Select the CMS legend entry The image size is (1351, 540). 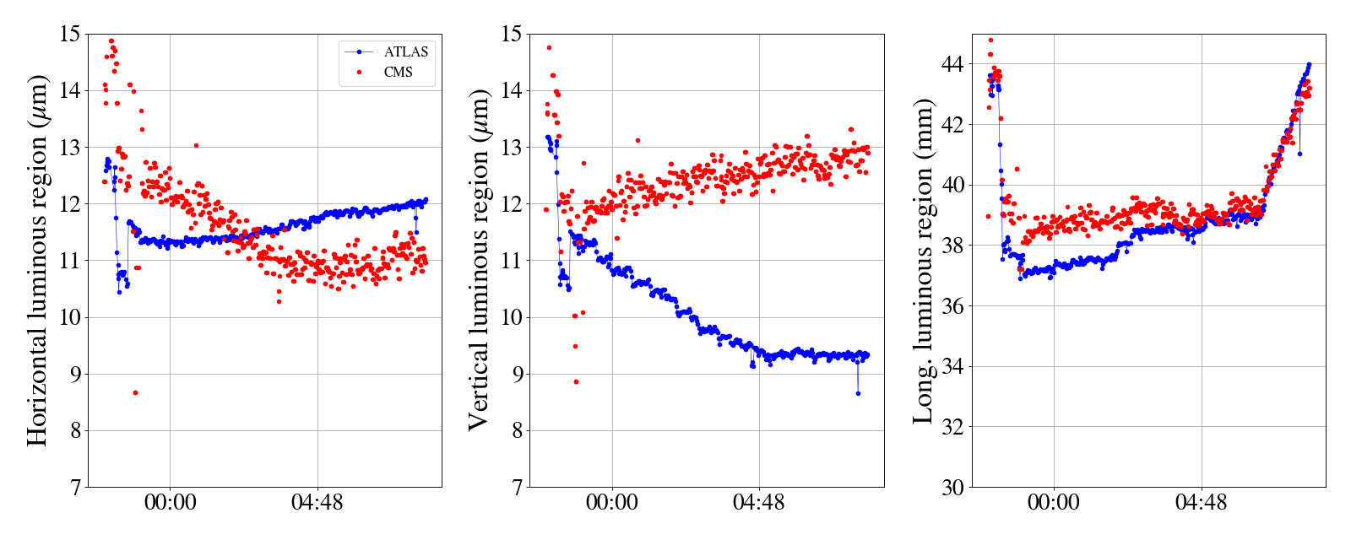point(398,73)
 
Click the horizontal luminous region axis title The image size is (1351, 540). point(38,260)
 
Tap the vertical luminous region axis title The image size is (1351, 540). point(479,260)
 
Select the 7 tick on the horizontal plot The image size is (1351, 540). point(75,487)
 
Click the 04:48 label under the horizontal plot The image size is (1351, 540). point(317,504)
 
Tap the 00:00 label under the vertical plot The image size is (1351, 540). point(612,504)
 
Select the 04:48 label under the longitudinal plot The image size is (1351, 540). point(1201,504)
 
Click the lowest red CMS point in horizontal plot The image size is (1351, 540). point(135,392)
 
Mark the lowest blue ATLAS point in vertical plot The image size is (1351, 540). point(858,393)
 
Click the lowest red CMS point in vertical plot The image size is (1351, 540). point(576,381)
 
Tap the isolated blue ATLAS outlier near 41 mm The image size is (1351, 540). point(1299,154)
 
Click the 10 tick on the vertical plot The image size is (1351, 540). point(512,317)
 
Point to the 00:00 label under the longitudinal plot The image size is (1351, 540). point(1054,504)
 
